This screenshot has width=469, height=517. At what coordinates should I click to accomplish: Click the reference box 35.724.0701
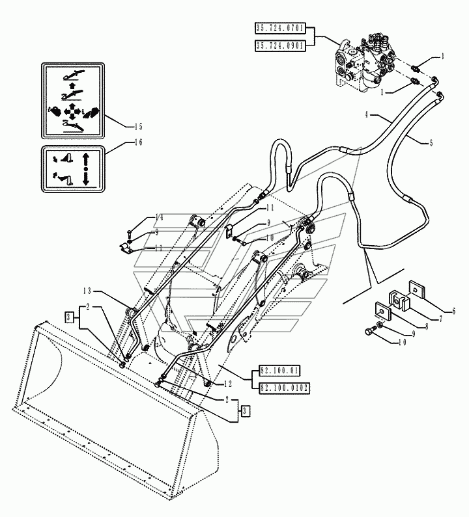click(280, 28)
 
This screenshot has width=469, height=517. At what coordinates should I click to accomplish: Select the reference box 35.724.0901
click(280, 46)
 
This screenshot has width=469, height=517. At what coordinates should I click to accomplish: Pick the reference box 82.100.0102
click(285, 388)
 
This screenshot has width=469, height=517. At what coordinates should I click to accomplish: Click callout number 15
click(138, 127)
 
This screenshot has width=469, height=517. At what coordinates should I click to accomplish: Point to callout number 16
click(138, 142)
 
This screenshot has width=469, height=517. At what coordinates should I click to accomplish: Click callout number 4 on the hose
click(366, 114)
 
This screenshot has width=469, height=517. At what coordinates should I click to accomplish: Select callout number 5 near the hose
click(431, 143)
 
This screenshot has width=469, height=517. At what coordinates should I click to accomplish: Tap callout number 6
click(453, 311)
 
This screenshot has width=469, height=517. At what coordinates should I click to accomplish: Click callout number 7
click(440, 319)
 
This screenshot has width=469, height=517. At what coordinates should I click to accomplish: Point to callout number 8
click(427, 326)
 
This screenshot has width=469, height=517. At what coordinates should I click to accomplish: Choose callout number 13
click(87, 291)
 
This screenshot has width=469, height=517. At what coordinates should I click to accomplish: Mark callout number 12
click(228, 384)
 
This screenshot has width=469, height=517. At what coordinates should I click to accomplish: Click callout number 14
click(159, 217)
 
